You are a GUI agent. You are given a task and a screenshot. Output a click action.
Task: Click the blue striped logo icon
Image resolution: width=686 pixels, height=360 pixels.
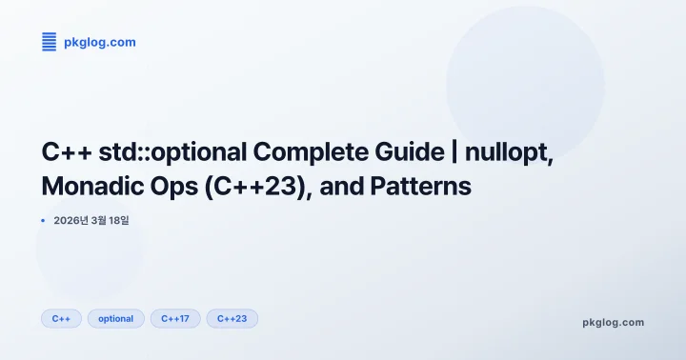click(x=50, y=41)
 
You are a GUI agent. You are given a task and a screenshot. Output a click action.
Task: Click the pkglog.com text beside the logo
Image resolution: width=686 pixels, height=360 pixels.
click(x=99, y=42)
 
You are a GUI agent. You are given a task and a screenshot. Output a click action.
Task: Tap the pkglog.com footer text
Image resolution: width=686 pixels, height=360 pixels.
click(x=613, y=322)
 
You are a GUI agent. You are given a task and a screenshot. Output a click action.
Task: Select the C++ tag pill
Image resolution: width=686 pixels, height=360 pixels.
click(x=61, y=318)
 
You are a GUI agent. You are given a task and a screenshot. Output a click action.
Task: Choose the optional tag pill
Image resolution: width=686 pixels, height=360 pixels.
click(x=116, y=318)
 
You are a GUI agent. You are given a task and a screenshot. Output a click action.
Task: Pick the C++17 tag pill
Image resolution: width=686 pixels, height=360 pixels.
click(x=175, y=318)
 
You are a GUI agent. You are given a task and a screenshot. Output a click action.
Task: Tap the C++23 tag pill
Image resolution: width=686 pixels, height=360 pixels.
click(x=232, y=318)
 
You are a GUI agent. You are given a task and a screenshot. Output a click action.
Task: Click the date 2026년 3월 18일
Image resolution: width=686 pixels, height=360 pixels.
click(x=91, y=220)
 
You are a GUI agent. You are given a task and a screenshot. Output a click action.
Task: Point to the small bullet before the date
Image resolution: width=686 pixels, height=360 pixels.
click(x=44, y=220)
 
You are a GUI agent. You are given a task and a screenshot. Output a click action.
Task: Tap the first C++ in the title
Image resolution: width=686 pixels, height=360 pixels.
click(x=65, y=152)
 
